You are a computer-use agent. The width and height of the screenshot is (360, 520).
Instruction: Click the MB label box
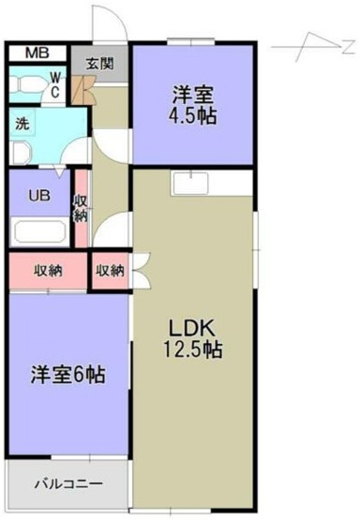click(37, 53)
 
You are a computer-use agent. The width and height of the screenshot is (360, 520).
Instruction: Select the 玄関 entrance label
click(100, 64)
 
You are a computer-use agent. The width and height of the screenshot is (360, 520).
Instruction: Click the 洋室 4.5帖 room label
click(193, 104)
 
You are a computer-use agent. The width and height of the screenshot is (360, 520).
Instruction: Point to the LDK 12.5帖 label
click(193, 339)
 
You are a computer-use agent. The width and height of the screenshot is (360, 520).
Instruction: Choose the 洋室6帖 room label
click(67, 375)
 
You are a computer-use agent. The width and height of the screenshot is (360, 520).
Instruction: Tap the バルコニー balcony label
click(68, 483)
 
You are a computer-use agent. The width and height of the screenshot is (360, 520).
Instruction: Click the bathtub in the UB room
click(39, 231)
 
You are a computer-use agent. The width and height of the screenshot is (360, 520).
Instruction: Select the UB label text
click(39, 196)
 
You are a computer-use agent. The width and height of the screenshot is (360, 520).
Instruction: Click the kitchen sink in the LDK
click(190, 183)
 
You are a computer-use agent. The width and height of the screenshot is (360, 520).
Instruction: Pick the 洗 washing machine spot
click(22, 125)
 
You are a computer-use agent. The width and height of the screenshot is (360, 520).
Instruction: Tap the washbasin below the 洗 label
click(21, 153)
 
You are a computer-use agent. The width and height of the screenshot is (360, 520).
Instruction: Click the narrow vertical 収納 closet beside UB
click(81, 208)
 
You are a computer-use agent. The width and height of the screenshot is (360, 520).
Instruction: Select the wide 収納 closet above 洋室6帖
click(48, 271)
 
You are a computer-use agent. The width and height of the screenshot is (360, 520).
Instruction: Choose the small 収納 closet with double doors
click(111, 271)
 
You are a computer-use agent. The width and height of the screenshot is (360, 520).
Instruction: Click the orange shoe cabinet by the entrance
click(83, 90)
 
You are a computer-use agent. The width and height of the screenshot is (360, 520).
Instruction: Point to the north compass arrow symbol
click(313, 47)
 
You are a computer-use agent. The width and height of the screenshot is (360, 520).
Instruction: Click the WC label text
click(55, 85)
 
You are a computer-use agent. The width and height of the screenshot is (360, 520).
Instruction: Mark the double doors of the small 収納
click(142, 270)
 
